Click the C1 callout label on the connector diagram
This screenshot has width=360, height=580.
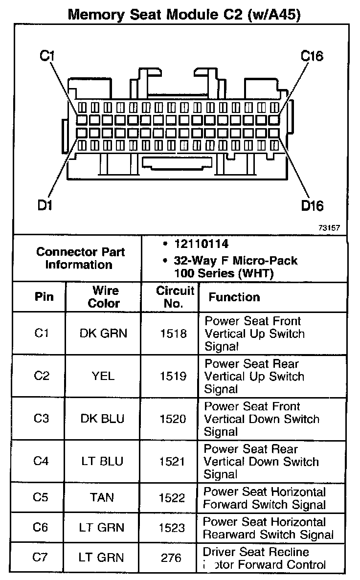(x=47, y=56)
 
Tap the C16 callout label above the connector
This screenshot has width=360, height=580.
(x=312, y=56)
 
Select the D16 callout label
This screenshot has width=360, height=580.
(x=312, y=205)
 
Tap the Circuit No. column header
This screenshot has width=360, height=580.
(x=175, y=297)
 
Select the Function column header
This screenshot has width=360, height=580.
(x=234, y=297)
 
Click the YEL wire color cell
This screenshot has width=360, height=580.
(x=103, y=377)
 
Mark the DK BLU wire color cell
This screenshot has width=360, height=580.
(x=103, y=419)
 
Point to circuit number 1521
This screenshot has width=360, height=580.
(x=172, y=462)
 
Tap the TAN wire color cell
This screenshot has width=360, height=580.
(x=102, y=498)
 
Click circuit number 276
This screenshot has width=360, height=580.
(x=172, y=558)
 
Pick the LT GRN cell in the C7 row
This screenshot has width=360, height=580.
(x=102, y=558)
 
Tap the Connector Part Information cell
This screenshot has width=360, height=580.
(x=81, y=258)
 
